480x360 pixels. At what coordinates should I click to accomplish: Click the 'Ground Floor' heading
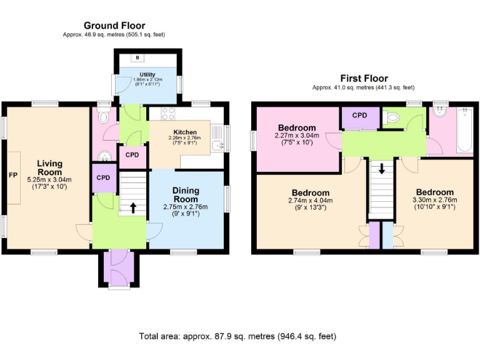click(x=114, y=26)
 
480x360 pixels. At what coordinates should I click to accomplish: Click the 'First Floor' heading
click(x=363, y=79)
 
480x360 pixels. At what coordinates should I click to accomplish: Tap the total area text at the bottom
click(x=237, y=336)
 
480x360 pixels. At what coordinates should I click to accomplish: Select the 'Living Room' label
click(x=49, y=167)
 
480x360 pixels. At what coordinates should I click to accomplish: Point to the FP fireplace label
click(x=12, y=175)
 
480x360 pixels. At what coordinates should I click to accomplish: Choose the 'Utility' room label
click(x=147, y=75)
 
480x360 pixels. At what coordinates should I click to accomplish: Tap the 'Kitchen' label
click(x=185, y=132)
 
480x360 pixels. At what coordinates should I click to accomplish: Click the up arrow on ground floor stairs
click(x=132, y=207)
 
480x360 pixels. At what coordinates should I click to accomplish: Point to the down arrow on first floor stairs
click(x=381, y=169)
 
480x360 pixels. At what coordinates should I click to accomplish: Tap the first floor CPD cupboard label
click(x=359, y=116)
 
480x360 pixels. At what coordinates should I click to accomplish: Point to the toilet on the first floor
click(x=392, y=116)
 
